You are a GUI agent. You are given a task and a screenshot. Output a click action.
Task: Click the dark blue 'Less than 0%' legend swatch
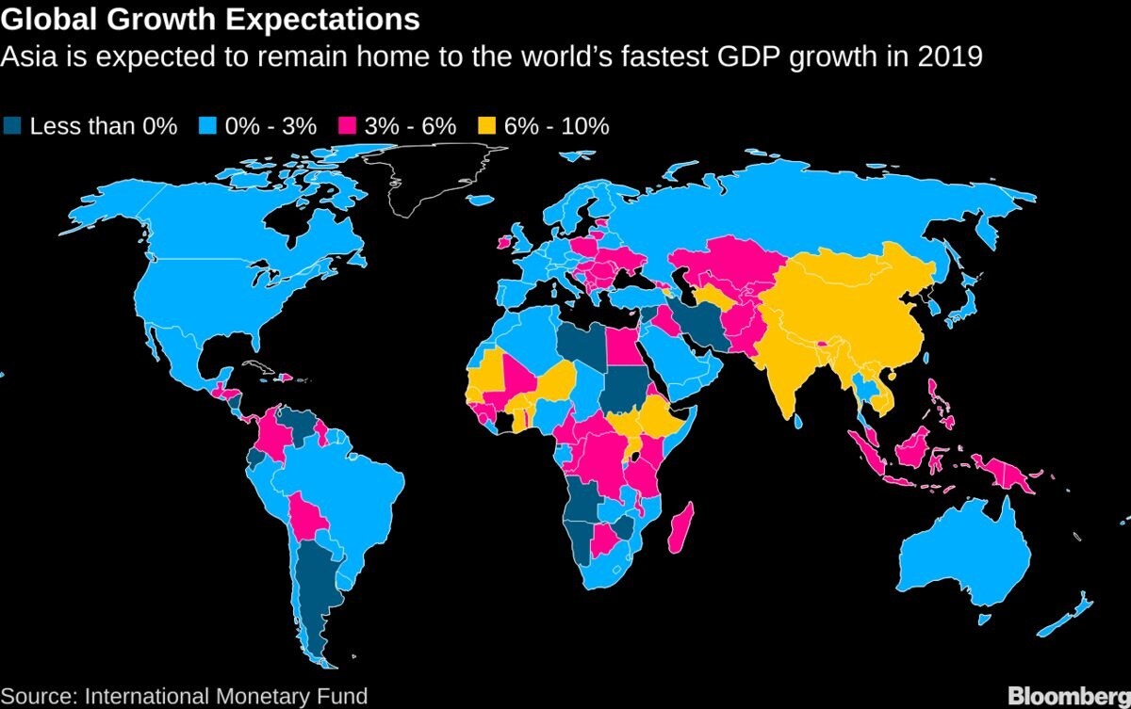[x=12, y=126]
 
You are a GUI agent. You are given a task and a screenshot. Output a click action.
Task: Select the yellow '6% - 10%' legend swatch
[x=487, y=126]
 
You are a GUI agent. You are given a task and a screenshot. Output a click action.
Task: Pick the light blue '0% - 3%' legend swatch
[x=208, y=126]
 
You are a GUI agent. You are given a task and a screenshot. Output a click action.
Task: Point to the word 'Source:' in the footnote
[x=39, y=697]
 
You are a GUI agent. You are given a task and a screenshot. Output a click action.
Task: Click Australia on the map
[x=961, y=556]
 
